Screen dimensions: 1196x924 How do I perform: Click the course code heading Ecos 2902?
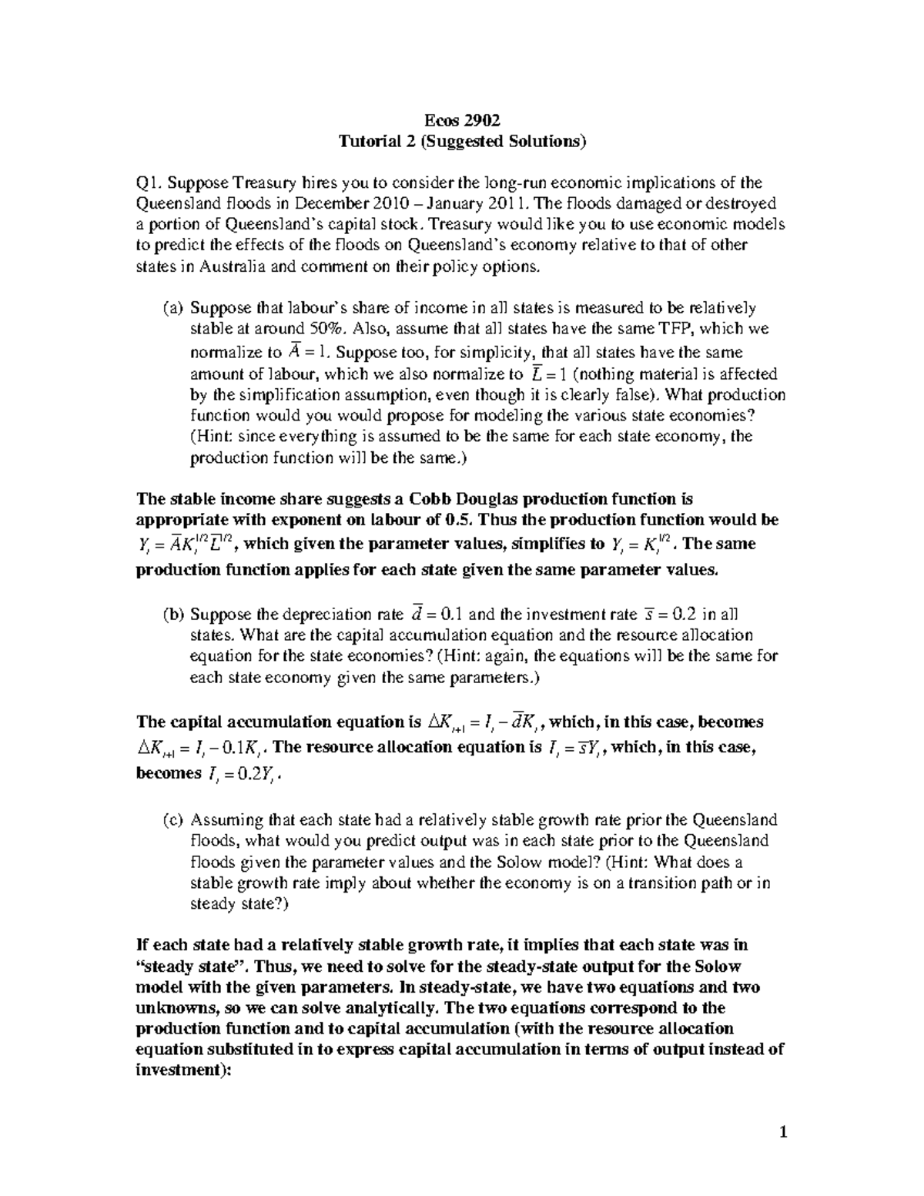click(x=462, y=120)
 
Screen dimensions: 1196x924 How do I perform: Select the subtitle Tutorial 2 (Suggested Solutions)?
click(x=462, y=141)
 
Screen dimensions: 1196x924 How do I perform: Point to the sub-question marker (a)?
click(x=172, y=308)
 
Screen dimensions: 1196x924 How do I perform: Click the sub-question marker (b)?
click(x=173, y=615)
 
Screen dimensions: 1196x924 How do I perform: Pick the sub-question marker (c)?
click(x=172, y=820)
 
